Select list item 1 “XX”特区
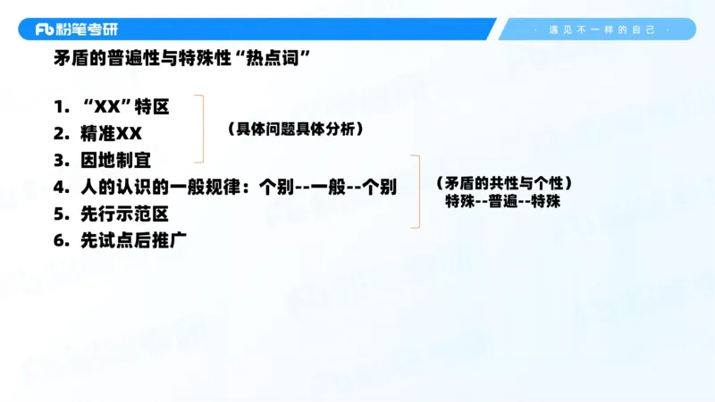(124, 107)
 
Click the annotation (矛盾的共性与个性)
(503, 183)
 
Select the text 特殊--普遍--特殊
(503, 202)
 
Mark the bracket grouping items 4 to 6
(416, 191)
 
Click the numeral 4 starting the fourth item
(59, 188)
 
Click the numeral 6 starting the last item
(59, 240)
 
